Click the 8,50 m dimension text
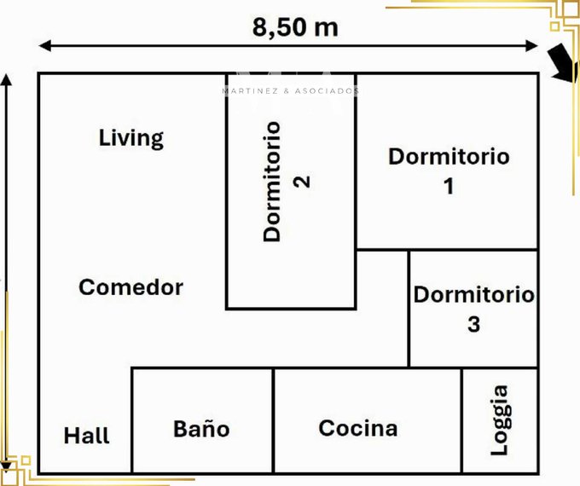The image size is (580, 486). point(295,28)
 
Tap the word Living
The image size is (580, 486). point(131,139)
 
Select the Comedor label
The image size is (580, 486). point(131,287)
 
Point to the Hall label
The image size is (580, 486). point(86,436)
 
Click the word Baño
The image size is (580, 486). point(201,428)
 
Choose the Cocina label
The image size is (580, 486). point(358,428)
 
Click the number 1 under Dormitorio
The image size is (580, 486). point(449,186)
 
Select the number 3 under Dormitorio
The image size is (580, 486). point(474,324)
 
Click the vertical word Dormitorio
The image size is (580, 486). point(272,182)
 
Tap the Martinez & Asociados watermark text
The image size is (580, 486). point(291,91)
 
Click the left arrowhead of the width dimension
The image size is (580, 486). point(44,46)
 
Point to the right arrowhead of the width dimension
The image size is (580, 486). point(532,46)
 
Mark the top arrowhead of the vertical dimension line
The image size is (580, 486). point(6,79)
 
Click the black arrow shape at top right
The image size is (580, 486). point(561,63)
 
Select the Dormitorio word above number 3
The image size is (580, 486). point(474,295)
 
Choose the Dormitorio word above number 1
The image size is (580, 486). point(449,156)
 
